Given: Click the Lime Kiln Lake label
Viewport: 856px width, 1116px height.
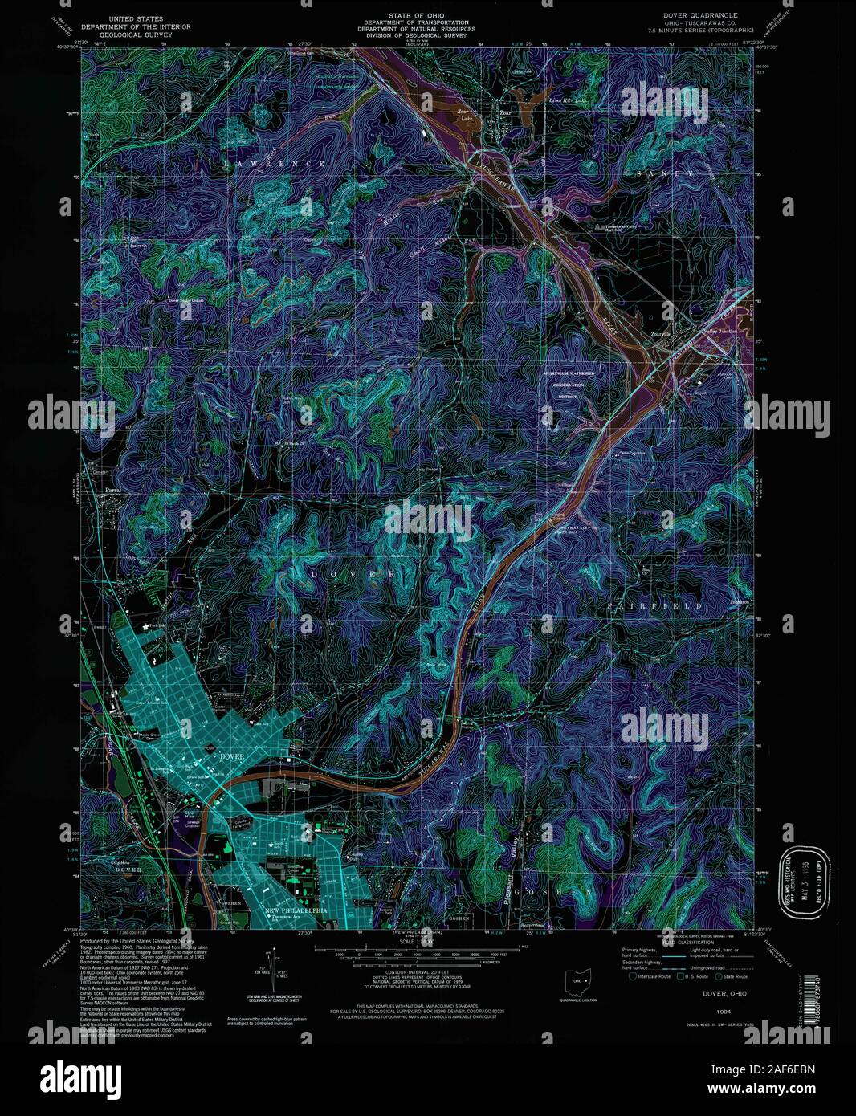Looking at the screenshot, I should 568,100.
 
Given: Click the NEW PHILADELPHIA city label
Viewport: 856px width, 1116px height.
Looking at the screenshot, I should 296,910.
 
